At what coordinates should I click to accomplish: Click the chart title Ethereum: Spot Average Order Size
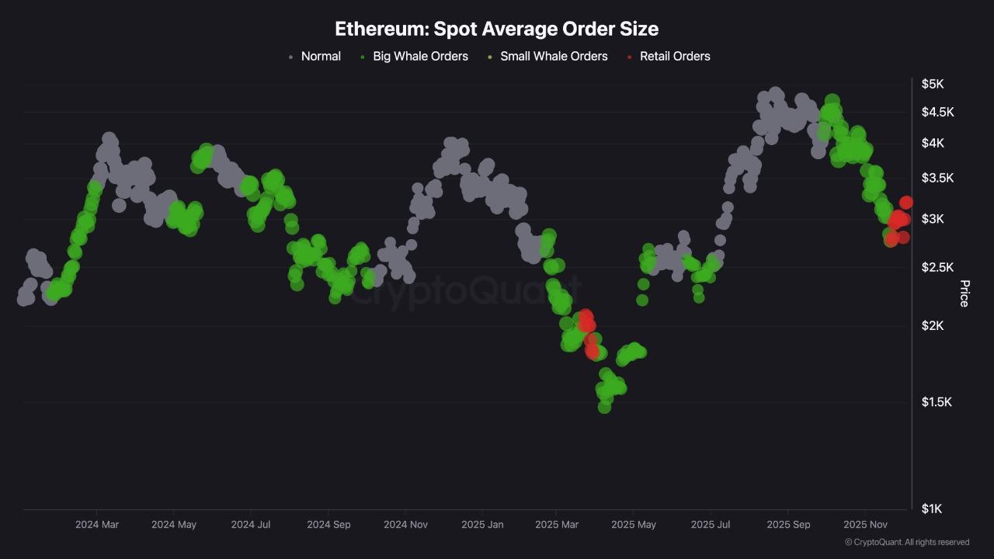click(496, 29)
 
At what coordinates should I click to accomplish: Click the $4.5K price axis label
click(937, 112)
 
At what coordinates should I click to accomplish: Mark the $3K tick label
click(933, 219)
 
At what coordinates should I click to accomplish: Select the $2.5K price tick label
click(937, 267)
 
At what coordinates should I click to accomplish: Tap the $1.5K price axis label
click(937, 401)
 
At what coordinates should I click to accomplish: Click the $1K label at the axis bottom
click(932, 509)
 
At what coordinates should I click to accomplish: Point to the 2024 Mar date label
click(97, 525)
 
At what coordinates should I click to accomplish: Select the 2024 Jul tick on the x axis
click(251, 525)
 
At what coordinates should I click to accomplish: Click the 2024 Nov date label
click(405, 525)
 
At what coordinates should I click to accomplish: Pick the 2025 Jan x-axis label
click(482, 525)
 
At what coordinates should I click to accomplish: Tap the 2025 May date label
click(634, 525)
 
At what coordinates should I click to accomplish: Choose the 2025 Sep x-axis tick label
click(788, 525)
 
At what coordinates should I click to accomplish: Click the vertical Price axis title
click(964, 293)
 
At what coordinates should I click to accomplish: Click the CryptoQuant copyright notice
click(906, 542)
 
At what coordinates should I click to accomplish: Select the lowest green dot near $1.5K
click(604, 407)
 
